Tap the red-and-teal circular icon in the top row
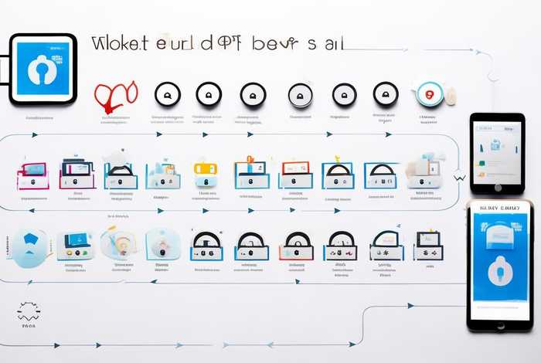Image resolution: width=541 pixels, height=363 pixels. pos(428,94)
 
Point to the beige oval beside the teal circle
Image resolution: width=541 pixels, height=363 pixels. pos(450,95)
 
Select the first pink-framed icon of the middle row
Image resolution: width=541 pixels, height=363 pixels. pos(32,175)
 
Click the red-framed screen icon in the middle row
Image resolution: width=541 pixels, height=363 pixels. pos(294,175)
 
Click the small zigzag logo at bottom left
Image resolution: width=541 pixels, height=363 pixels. pos(29,311)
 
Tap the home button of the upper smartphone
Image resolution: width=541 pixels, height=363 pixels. pos(497,188)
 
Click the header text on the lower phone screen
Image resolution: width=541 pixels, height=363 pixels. pos(498,208)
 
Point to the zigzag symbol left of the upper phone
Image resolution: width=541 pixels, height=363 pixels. pos(461,176)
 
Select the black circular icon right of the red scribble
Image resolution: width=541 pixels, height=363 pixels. pos(166,95)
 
